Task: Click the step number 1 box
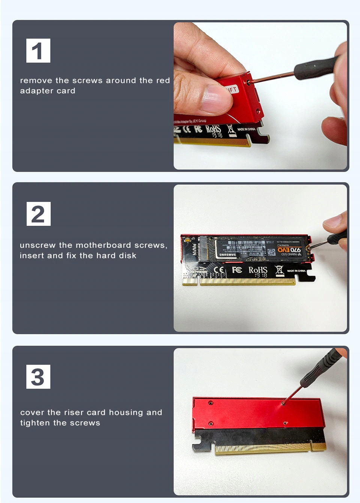38,51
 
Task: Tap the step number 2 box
38,214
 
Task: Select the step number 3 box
38,377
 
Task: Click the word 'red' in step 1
163,81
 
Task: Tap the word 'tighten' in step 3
35,423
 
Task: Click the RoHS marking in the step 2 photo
258,270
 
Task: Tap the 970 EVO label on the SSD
289,250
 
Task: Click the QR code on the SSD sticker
271,252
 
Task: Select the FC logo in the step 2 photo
237,270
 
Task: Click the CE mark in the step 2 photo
219,270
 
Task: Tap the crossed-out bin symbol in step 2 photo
279,270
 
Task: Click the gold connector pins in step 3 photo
266,447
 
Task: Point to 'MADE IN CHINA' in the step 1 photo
246,129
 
